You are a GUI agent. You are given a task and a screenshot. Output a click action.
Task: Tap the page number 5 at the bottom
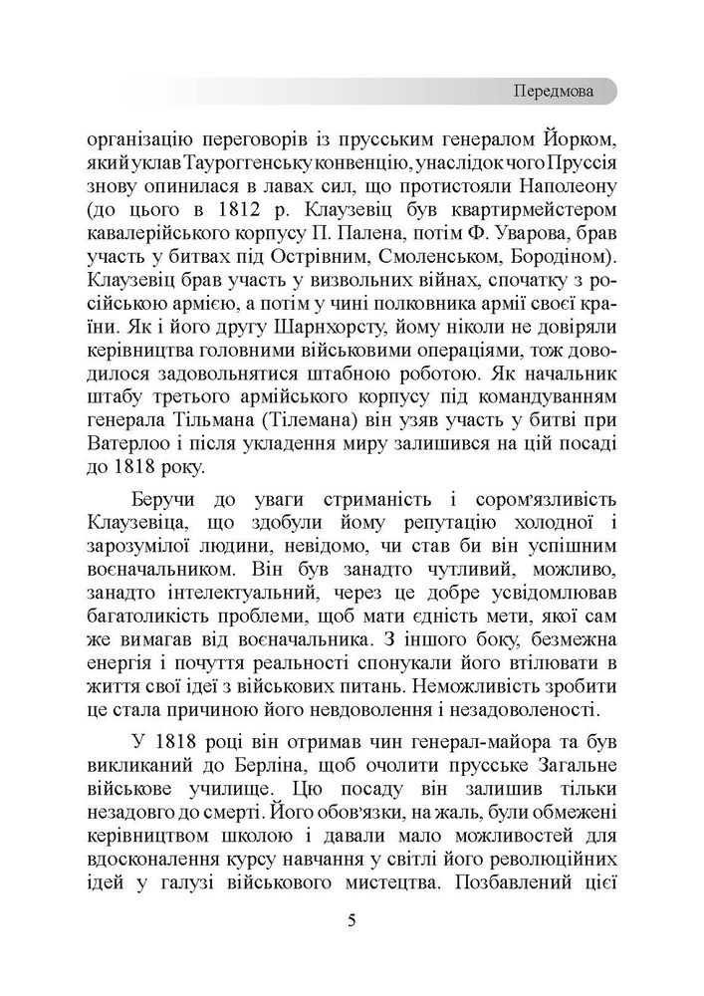point(352,917)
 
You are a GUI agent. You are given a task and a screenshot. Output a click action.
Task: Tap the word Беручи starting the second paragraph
point(182,498)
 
